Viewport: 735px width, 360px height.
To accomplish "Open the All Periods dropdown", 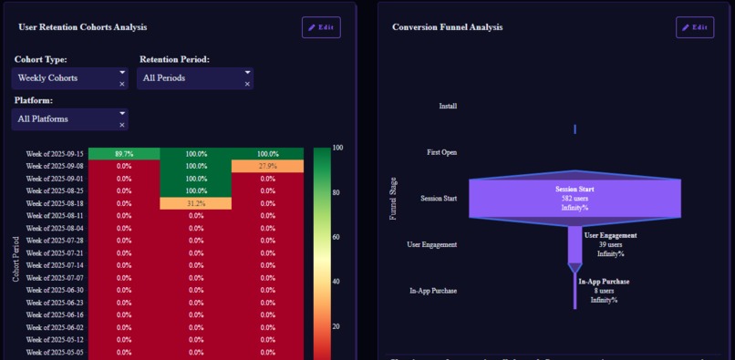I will [194, 78].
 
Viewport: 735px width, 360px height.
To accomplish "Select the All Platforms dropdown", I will [69, 119].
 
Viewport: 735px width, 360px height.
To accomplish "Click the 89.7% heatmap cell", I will [124, 154].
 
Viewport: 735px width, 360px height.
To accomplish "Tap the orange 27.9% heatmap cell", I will [267, 167].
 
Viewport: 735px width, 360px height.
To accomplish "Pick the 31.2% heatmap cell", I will [196, 203].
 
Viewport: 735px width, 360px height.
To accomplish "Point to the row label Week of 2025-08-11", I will [55, 216].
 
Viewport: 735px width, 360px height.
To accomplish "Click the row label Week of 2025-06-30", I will [55, 290].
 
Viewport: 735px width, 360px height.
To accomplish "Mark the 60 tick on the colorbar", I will [337, 237].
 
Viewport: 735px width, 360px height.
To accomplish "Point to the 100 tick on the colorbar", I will [337, 148].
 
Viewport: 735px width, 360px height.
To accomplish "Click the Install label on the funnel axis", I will [448, 106].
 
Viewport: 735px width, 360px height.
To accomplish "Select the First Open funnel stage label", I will [442, 152].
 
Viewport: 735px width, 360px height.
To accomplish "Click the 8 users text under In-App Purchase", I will [604, 291].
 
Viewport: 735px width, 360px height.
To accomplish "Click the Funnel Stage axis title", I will [394, 199].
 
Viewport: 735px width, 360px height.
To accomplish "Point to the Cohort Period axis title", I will [16, 260].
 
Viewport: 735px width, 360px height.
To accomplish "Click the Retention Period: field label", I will [174, 59].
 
